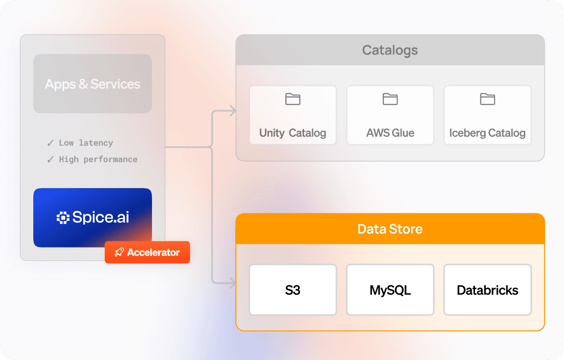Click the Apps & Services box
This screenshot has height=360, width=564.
click(93, 84)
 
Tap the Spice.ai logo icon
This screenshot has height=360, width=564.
click(63, 218)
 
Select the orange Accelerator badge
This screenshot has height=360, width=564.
click(148, 252)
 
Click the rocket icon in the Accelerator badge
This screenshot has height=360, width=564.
click(119, 252)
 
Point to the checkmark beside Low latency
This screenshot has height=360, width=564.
click(50, 143)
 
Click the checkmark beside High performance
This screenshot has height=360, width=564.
click(50, 159)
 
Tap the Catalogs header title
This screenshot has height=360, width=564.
click(390, 50)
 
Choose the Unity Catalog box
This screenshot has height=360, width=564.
click(293, 115)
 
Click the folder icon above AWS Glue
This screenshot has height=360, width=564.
click(390, 99)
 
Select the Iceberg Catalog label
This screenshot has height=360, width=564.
click(487, 133)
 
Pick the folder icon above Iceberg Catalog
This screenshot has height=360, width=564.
click(487, 99)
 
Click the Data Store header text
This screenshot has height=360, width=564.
click(390, 229)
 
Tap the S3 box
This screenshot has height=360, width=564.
click(293, 290)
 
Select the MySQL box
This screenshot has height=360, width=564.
click(390, 290)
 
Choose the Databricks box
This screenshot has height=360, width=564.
click(487, 290)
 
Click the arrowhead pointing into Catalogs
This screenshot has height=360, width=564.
click(232, 111)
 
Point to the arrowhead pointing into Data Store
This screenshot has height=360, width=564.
click(232, 283)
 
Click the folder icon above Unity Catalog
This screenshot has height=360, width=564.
click(293, 99)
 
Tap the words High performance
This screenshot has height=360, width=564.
click(98, 159)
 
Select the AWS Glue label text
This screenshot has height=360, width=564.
click(390, 133)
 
